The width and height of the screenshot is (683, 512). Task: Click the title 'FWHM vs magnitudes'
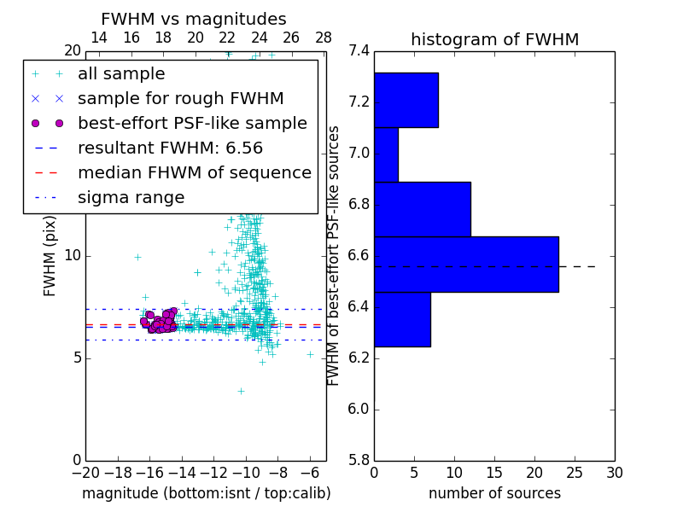(194, 19)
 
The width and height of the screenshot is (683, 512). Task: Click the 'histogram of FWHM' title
(494, 39)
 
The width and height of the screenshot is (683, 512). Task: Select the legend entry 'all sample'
(121, 74)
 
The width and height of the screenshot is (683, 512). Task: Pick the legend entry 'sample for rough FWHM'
(180, 98)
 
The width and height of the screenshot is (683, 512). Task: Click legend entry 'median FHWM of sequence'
(194, 172)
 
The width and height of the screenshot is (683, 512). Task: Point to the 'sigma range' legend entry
(131, 197)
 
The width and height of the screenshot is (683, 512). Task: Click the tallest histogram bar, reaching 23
(466, 265)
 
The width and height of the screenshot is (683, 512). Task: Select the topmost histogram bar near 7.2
(406, 100)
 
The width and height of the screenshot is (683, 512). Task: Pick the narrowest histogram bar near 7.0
(386, 154)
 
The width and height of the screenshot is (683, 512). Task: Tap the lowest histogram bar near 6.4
(402, 319)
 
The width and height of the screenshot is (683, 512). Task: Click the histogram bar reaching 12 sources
(422, 209)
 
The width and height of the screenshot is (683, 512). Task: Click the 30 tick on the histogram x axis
(614, 472)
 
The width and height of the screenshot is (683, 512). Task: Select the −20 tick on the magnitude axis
(85, 472)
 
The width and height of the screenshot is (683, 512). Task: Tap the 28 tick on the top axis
(324, 38)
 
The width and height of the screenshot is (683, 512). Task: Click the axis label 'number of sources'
(494, 493)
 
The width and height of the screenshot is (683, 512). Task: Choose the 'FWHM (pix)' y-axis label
(50, 255)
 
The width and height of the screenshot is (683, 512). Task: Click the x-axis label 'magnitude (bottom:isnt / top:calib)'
(206, 493)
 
